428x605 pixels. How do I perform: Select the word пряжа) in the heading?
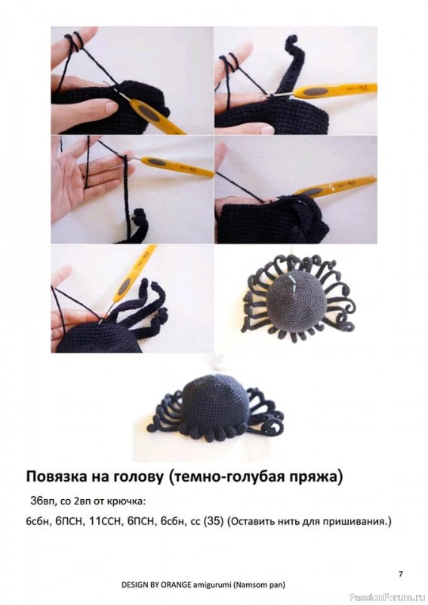(x=316, y=478)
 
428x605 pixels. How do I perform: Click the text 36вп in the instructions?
(x=41, y=501)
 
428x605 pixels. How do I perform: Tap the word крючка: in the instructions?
(x=131, y=502)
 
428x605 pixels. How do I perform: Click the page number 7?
(x=401, y=574)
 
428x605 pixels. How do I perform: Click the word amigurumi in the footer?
(x=211, y=585)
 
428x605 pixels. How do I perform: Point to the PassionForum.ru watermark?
(x=388, y=597)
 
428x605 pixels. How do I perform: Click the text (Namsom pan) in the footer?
(x=258, y=585)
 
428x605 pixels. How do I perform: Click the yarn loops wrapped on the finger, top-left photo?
(x=75, y=42)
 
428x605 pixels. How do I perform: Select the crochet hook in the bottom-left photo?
(x=128, y=281)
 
